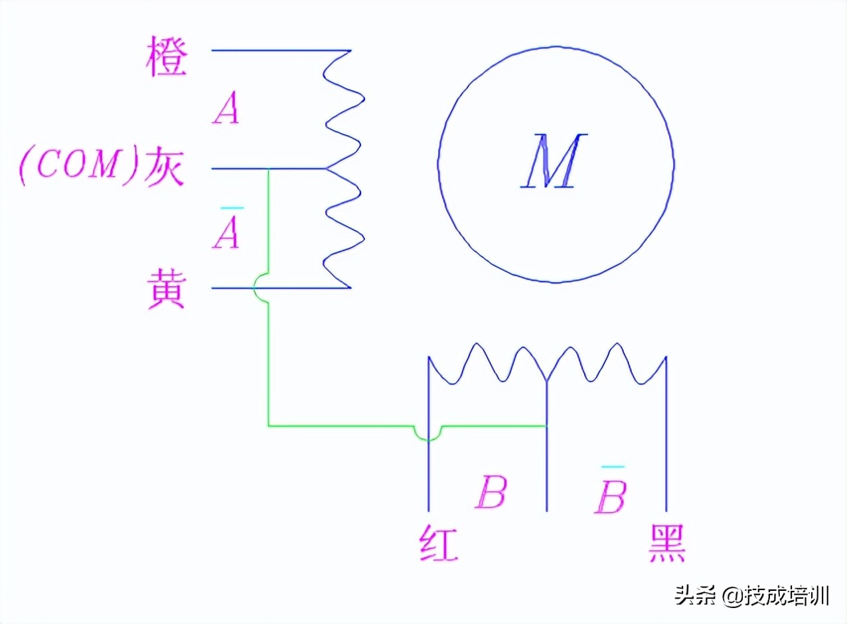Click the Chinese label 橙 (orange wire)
(166, 59)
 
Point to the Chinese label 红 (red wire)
(439, 544)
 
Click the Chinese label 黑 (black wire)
(666, 544)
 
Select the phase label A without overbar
(226, 110)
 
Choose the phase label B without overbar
(491, 492)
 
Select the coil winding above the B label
(487, 364)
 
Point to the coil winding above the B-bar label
(605, 364)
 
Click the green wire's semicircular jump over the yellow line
(260, 287)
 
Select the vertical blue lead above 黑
(666, 438)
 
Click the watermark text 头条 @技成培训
(752, 595)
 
